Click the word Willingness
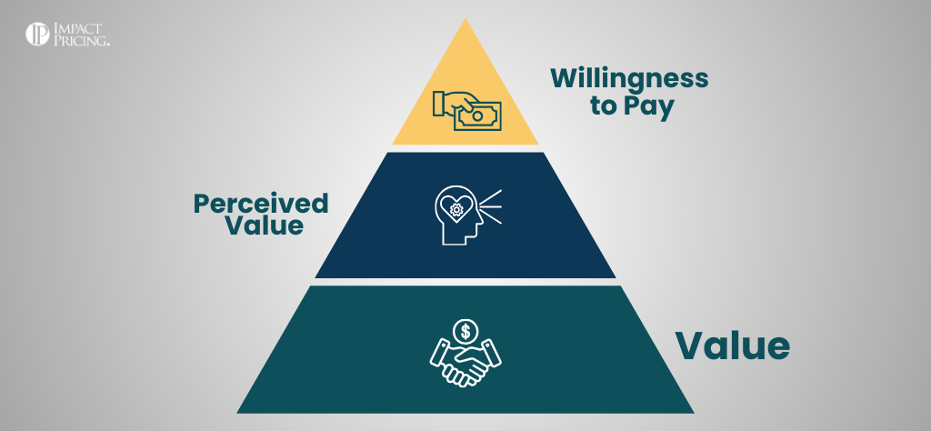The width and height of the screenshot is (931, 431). (628, 78)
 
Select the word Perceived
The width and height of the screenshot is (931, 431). (260, 203)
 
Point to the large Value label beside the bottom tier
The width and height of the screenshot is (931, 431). (731, 346)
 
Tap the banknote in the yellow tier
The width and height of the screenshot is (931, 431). (478, 115)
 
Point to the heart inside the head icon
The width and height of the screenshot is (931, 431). (455, 208)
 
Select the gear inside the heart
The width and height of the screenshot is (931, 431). (455, 207)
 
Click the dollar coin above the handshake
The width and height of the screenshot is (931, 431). (465, 329)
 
